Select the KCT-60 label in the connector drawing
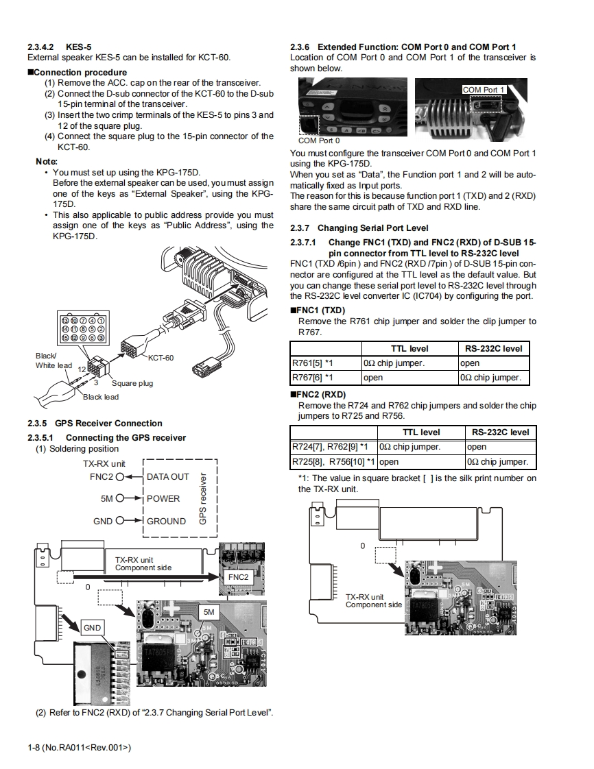[x=161, y=357]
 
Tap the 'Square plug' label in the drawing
[x=132, y=383]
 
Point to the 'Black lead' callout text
[x=101, y=397]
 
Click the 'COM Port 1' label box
[x=484, y=90]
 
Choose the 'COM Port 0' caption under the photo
[x=318, y=141]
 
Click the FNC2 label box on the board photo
[x=238, y=577]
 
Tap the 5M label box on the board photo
[x=209, y=611]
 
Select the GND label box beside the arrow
[x=92, y=628]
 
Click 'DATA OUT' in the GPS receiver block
[x=168, y=476]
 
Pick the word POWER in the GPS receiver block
[x=163, y=498]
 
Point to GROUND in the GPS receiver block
[x=166, y=521]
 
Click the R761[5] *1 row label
[x=312, y=363]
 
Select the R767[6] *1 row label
[x=312, y=378]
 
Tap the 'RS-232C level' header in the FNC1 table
[x=494, y=348]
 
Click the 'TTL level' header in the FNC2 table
[x=421, y=432]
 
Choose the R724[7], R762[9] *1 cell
[x=333, y=447]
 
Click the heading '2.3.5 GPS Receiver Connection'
[x=95, y=424]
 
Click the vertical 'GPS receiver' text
[x=203, y=498]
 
